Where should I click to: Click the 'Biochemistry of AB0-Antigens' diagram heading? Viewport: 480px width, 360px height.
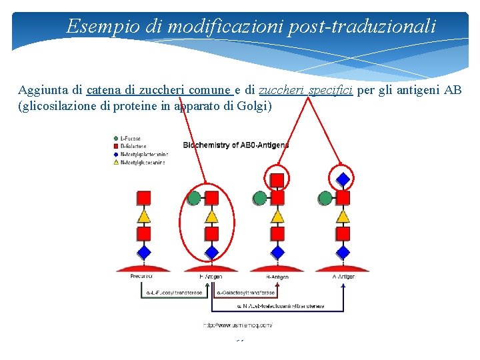[x=236, y=145]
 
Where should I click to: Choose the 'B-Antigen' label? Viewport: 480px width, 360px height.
[x=277, y=276]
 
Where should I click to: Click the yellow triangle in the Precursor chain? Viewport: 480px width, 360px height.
[x=143, y=216]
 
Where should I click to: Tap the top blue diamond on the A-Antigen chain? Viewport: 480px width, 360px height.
[x=343, y=179]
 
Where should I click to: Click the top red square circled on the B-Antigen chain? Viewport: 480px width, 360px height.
[x=277, y=179]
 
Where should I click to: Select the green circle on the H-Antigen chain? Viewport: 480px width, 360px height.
[x=194, y=198]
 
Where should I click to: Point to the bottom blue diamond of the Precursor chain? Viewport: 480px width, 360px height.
[x=143, y=252]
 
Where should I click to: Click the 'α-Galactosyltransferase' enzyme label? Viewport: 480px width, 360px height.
[x=246, y=293]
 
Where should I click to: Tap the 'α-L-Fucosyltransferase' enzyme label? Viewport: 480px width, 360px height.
[x=174, y=293]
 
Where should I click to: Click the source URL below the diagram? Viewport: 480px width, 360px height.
[x=238, y=325]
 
